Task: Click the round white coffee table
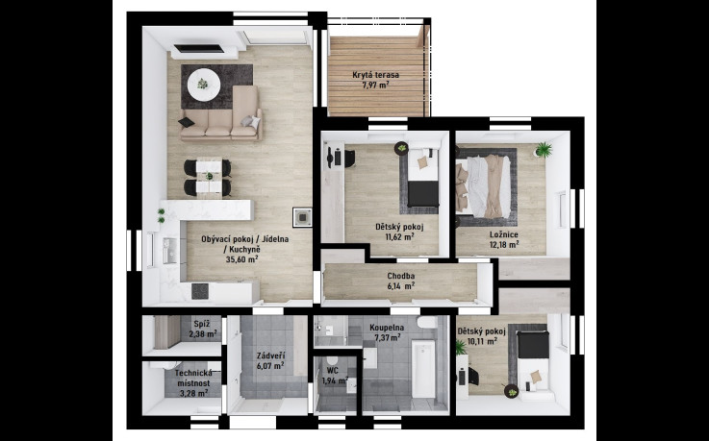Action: coord(204,85)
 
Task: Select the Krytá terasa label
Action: coord(376,75)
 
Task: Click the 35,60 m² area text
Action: coord(241,259)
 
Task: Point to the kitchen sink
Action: coord(170,251)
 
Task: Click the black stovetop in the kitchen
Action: coord(200,291)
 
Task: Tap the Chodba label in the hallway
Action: coord(400,276)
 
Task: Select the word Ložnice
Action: coord(504,234)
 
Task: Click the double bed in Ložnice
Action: coord(485,186)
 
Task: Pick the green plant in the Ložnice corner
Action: coord(544,150)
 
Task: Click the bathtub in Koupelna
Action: coord(423,369)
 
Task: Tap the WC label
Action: coord(333,371)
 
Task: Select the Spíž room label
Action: coord(201,324)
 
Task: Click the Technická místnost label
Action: coord(193,378)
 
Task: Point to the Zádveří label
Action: coord(270,355)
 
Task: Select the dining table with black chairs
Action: coord(208,177)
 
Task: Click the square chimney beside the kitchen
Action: coord(302,217)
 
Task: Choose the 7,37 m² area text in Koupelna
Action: coord(387,337)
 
